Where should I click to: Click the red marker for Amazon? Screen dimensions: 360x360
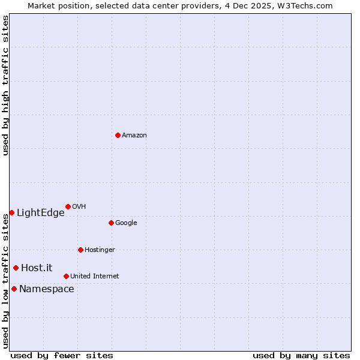click(x=118, y=135)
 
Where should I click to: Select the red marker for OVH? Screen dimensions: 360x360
click(x=68, y=206)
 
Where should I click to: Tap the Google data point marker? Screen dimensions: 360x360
click(x=111, y=223)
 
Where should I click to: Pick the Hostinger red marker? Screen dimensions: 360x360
click(x=80, y=250)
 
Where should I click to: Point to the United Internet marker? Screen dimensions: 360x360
click(x=66, y=276)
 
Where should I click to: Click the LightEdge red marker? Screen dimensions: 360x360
click(x=11, y=212)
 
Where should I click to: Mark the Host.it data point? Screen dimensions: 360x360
click(x=16, y=268)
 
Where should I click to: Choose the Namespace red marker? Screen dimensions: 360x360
click(x=14, y=289)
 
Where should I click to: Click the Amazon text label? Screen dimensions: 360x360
click(x=134, y=136)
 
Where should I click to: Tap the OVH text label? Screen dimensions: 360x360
click(x=79, y=207)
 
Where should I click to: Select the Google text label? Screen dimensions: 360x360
click(x=126, y=223)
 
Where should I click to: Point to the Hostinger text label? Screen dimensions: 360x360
click(x=100, y=250)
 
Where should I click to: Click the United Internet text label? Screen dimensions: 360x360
click(x=95, y=277)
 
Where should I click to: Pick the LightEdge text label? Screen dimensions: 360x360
click(x=40, y=213)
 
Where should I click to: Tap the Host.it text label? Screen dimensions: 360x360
click(x=37, y=268)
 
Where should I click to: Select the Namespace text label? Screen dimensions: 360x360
click(x=47, y=289)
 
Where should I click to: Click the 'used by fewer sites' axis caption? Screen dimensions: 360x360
click(x=62, y=355)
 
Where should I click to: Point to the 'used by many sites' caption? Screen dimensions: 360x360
click(x=301, y=355)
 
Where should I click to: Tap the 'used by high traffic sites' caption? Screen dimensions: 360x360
click(x=5, y=85)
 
